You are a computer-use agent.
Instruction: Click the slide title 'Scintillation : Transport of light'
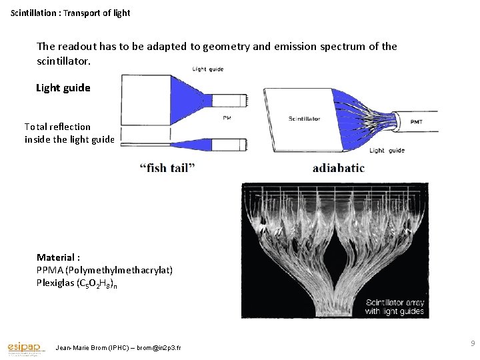pyautogui.click(x=71, y=13)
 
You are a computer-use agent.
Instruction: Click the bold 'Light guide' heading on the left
pyautogui.click(x=63, y=87)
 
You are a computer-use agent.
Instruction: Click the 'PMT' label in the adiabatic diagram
pyautogui.click(x=415, y=121)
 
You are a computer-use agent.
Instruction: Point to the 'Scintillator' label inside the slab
pyautogui.click(x=304, y=119)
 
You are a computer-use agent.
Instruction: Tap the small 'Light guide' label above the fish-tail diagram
pyautogui.click(x=208, y=69)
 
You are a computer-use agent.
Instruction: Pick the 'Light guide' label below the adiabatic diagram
pyautogui.click(x=387, y=151)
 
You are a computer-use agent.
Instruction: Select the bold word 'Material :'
pyautogui.click(x=59, y=257)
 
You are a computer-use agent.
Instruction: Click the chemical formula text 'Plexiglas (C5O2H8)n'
pyautogui.click(x=77, y=283)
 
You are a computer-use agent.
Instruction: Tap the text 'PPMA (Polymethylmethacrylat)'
pyautogui.click(x=105, y=270)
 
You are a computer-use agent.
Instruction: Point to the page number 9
pyautogui.click(x=472, y=343)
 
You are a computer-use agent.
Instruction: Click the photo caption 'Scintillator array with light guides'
pyautogui.click(x=395, y=307)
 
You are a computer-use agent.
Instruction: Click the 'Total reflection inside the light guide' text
pyautogui.click(x=69, y=133)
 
